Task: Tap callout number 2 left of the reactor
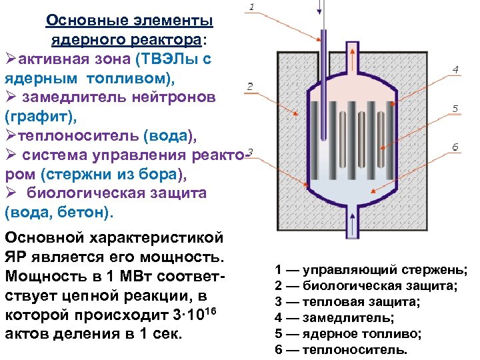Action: coord(249,86)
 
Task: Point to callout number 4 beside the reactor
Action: coord(455,69)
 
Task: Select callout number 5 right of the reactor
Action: coord(455,108)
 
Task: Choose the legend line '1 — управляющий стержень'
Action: coord(371,270)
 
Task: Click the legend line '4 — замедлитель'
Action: coord(334,318)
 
